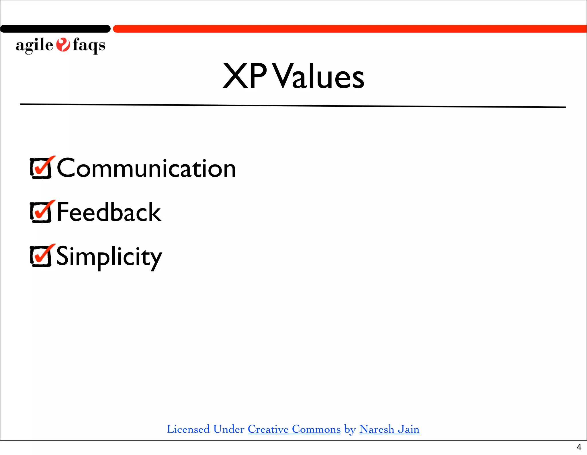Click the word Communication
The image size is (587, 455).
pos(146,168)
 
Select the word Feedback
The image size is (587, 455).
pos(109,212)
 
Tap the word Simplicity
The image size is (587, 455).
pos(109,257)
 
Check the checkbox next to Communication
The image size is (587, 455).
pos(41,168)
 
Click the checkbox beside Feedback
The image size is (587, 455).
pos(41,212)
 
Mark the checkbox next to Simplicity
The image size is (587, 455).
pos(41,256)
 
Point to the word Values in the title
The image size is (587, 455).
pos(319,76)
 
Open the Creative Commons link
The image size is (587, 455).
pos(294,429)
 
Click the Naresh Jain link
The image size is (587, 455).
pos(389,429)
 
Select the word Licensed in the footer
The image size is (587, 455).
pos(188,429)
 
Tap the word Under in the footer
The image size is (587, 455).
pos(229,429)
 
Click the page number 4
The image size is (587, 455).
pos(579,447)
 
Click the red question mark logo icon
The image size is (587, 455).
pos(63,45)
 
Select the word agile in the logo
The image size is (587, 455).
pos(34,45)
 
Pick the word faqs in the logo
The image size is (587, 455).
pos(89,45)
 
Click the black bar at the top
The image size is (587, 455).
pos(55,29)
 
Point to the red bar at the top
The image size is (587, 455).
pos(350,29)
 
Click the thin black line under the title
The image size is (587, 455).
pos(292,106)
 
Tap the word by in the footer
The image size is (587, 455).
pos(350,429)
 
